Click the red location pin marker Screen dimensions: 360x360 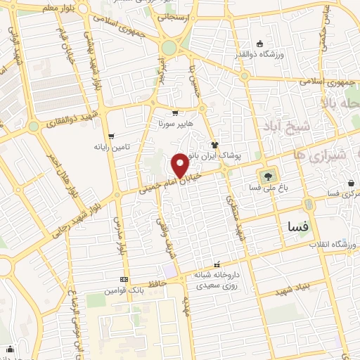coord(181,165)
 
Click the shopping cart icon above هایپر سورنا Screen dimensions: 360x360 coord(175,112)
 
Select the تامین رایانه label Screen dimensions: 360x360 coord(111,147)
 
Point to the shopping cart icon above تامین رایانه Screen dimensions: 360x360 coord(111,136)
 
